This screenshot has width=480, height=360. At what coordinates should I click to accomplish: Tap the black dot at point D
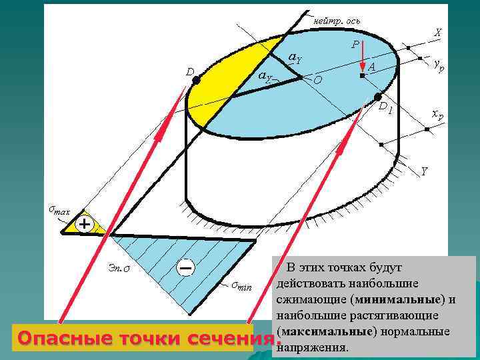click(196, 80)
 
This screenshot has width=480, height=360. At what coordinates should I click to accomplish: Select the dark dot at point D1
click(378, 97)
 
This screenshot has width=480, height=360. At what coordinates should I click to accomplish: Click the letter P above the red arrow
click(355, 44)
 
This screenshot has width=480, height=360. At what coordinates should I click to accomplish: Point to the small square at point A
click(362, 77)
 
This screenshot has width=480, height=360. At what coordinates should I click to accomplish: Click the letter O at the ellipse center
click(317, 80)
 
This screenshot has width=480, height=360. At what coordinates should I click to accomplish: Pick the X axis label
click(437, 32)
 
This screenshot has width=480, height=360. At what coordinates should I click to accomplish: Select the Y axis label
click(424, 173)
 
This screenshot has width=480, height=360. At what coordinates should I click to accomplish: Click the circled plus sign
click(85, 224)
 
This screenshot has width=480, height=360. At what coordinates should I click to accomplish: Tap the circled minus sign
click(186, 267)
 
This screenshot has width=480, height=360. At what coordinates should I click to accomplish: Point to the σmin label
click(241, 287)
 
